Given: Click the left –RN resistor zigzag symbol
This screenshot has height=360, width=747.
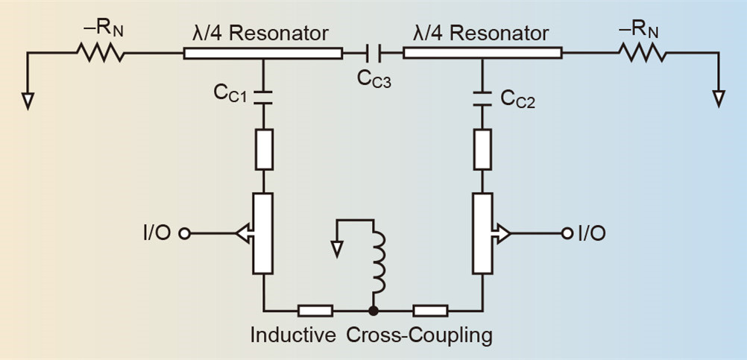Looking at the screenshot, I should tap(99, 54).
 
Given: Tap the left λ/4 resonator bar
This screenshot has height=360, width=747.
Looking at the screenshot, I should tap(262, 54).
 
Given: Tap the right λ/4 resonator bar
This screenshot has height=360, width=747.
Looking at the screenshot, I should tap(482, 54).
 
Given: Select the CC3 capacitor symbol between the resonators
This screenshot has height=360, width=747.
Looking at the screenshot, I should tap(373, 54).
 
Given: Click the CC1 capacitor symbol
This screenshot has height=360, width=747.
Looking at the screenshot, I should tap(263, 95).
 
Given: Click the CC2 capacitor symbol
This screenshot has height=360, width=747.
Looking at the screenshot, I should tap(482, 95).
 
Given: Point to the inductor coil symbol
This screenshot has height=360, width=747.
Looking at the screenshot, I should tap(379, 265).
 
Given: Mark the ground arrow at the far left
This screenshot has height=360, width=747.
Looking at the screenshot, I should tap(28, 100).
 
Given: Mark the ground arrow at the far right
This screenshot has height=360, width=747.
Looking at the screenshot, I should tap(719, 98).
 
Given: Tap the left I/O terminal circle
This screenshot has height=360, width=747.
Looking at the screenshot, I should tap(185, 233).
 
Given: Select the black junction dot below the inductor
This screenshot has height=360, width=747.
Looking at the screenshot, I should tap(373, 309).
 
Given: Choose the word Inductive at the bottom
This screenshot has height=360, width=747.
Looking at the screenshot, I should tap(293, 335).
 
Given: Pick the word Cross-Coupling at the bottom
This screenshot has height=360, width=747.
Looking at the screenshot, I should tap(420, 335).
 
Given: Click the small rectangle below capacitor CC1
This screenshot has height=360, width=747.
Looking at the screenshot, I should tap(263, 149).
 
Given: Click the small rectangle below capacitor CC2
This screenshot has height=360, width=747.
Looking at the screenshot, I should tap(482, 149).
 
